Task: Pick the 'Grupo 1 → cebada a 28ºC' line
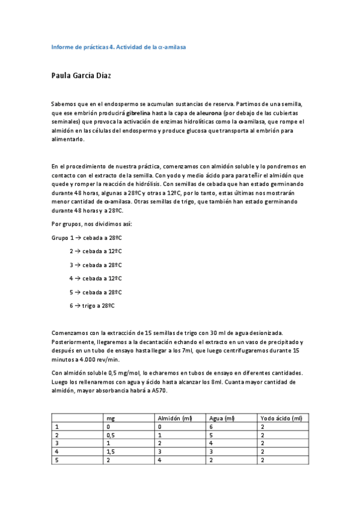pos(87,238)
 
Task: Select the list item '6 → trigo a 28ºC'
pos(91,306)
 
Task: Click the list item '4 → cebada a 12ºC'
pos(96,278)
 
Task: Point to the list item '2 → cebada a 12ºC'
pos(96,251)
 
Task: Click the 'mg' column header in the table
pos(110,418)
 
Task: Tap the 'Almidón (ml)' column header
pos(174,418)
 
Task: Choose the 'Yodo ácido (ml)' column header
pos(281,418)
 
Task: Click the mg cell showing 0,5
pos(110,434)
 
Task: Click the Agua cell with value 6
pos(212,426)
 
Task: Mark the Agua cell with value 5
pos(212,434)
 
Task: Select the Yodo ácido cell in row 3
pos(262,443)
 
